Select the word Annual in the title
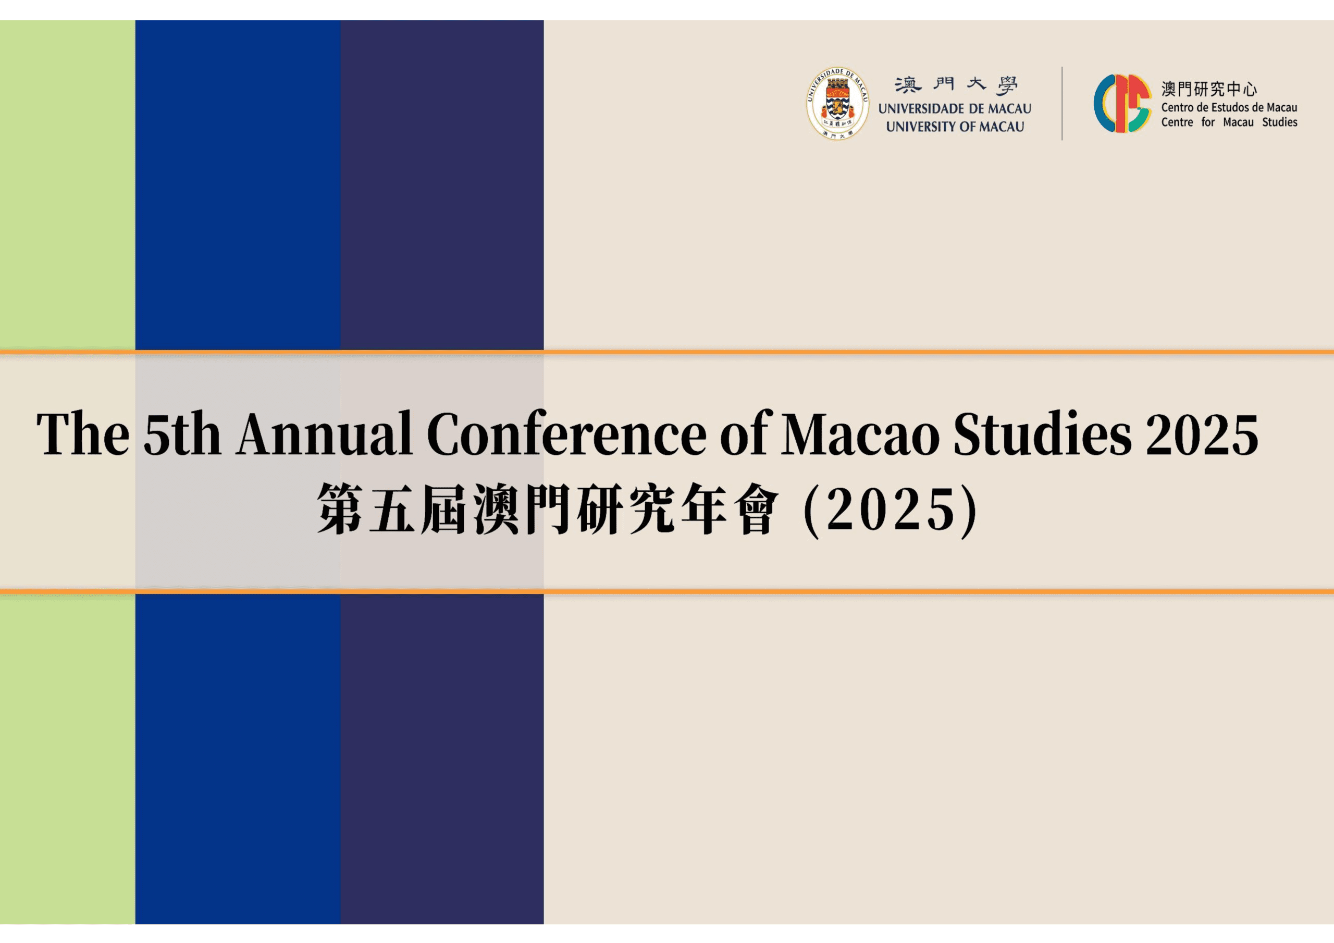pyautogui.click(x=324, y=433)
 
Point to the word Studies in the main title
pyautogui.click(x=1042, y=433)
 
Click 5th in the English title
pyautogui.click(x=182, y=434)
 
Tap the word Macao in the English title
pyautogui.click(x=860, y=434)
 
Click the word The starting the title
pyautogui.click(x=83, y=433)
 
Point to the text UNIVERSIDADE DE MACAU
pyautogui.click(x=955, y=109)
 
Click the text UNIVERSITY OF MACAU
pyautogui.click(x=955, y=127)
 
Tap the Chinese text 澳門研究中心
pyautogui.click(x=1209, y=89)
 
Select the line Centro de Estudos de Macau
pyautogui.click(x=1229, y=107)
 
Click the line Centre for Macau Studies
pyautogui.click(x=1229, y=122)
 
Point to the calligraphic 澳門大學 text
pyautogui.click(x=956, y=85)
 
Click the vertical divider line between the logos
pyautogui.click(x=1062, y=104)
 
